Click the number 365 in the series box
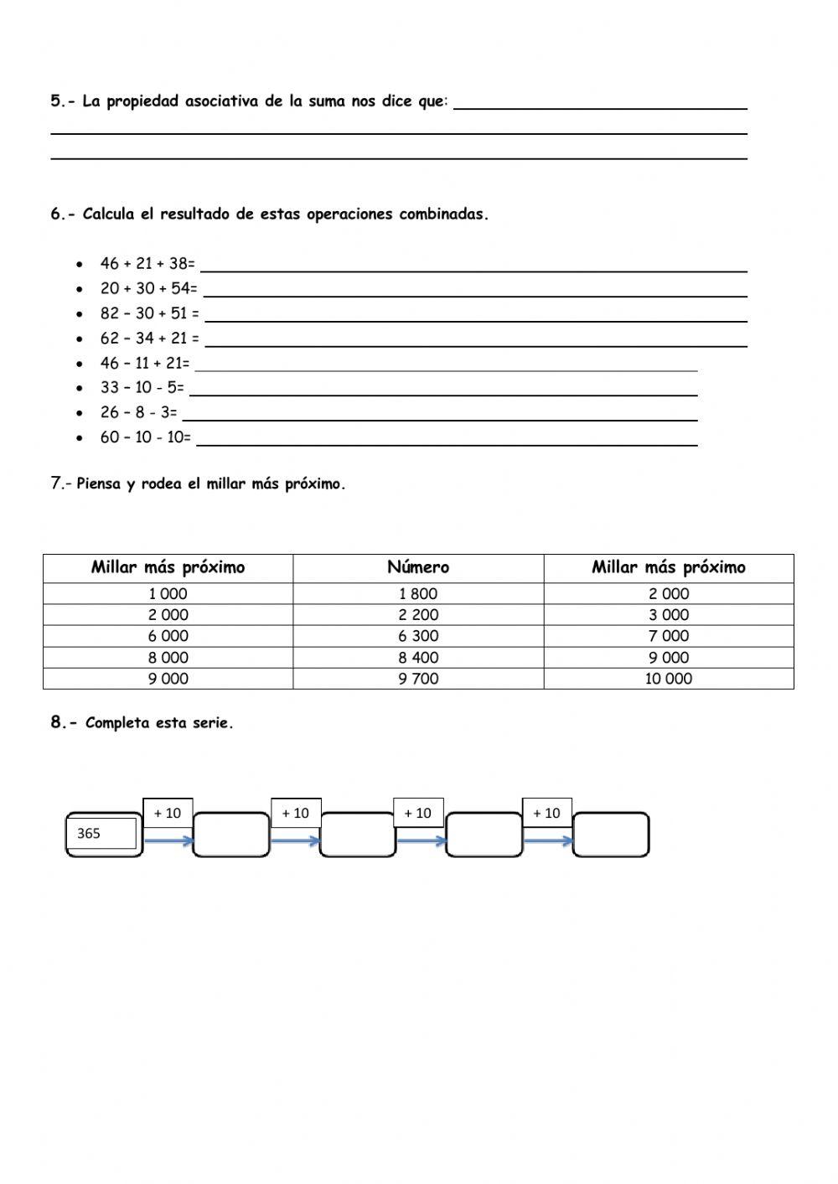click(89, 834)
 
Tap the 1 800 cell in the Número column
click(418, 593)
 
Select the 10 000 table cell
click(668, 679)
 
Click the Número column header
click(418, 567)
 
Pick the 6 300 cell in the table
click(418, 636)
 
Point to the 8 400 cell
click(418, 658)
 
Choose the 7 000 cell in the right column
click(668, 636)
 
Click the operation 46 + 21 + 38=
click(147, 264)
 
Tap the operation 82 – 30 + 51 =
click(150, 314)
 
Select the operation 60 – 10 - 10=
click(146, 437)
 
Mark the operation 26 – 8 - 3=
click(139, 412)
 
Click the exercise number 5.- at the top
click(63, 101)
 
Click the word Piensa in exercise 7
click(99, 484)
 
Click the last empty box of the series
click(610, 835)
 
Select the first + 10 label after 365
click(168, 813)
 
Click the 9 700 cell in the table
click(418, 679)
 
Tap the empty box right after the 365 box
click(230, 835)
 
